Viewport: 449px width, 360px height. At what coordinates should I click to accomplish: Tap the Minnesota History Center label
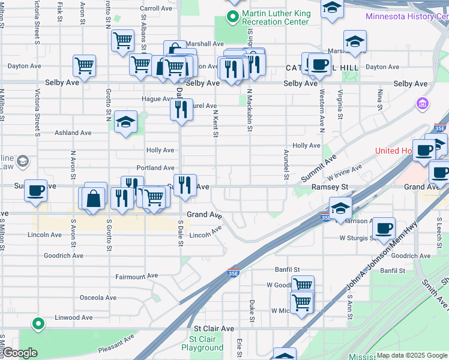pos(407,16)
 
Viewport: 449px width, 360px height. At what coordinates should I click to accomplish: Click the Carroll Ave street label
pos(156,8)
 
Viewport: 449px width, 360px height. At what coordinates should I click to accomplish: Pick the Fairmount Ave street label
pos(137,277)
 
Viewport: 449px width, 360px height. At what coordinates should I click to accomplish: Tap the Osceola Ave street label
pos(98,298)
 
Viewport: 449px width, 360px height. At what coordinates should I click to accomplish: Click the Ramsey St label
pos(330,187)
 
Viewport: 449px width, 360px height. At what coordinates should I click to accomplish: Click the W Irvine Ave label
pos(345,173)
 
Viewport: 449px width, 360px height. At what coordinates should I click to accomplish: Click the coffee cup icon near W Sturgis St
pos(384,229)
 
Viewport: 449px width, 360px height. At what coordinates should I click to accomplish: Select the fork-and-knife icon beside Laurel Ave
pos(181,110)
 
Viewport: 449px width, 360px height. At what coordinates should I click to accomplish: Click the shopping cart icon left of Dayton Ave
pos(84,65)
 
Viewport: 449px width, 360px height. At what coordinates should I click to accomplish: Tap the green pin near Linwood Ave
pos(38,324)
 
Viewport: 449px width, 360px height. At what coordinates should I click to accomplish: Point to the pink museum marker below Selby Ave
pos(423,104)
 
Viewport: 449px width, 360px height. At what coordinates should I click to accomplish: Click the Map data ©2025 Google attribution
pos(411,355)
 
